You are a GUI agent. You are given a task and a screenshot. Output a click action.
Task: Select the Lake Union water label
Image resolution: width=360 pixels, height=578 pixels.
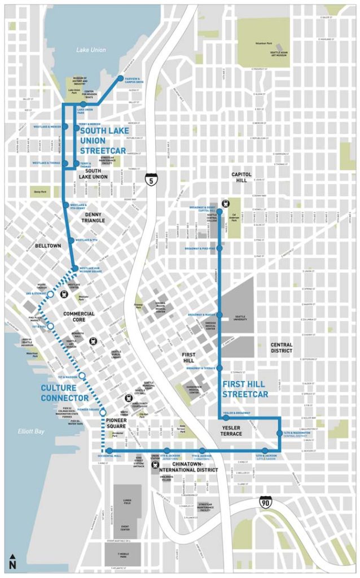91,50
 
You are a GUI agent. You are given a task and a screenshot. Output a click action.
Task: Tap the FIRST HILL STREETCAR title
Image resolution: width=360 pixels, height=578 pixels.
245,388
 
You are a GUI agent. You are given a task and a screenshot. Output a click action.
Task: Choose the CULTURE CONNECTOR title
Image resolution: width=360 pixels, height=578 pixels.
64,393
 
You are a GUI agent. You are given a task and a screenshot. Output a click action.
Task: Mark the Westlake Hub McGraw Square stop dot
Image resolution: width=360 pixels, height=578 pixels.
74,268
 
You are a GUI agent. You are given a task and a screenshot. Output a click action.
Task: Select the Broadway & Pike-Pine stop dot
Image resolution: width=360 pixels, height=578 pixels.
219,248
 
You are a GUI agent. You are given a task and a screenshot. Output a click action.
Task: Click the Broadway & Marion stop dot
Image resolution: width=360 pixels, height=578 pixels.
219,314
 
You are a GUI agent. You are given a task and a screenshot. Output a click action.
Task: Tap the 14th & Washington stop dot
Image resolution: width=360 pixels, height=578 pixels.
279,433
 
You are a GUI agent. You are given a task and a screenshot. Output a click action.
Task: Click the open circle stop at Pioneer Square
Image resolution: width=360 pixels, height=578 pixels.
103,413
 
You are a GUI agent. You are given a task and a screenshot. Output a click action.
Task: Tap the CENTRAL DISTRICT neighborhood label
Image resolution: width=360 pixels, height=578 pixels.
281,347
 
